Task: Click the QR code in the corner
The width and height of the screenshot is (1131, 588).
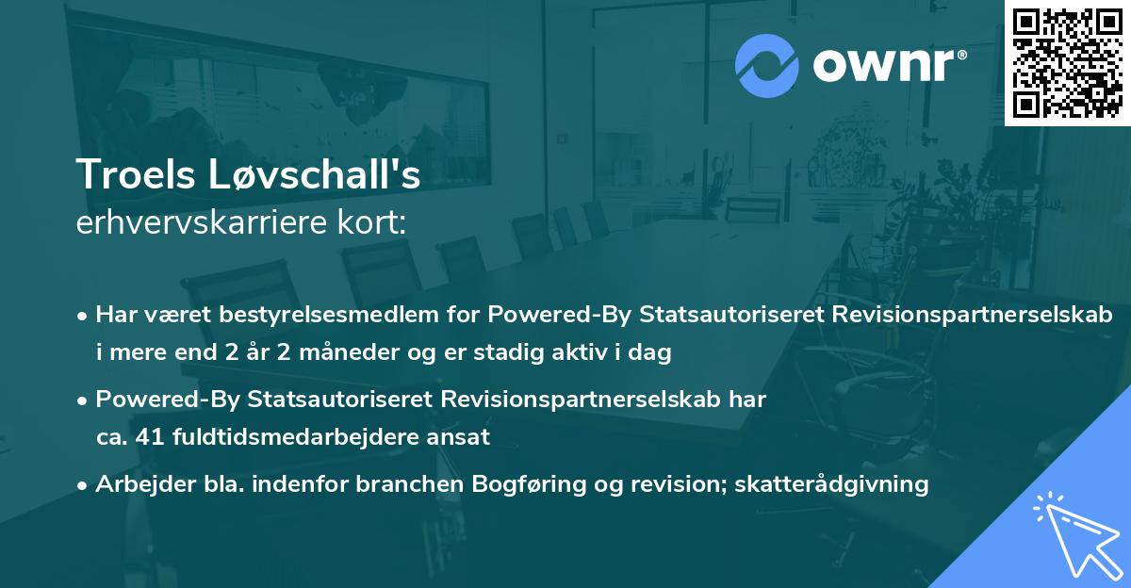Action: (x=1066, y=62)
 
